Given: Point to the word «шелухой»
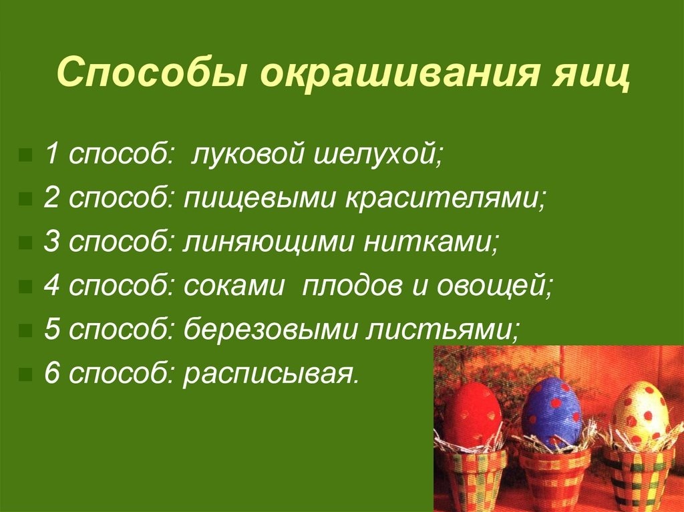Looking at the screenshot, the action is [x=377, y=156].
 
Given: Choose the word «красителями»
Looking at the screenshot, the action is [x=445, y=198].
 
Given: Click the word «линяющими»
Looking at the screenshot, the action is [x=268, y=242].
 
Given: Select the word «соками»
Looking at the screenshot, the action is [x=234, y=286].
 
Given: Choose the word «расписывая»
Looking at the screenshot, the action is [x=270, y=374].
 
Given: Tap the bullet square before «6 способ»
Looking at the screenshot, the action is [x=26, y=374].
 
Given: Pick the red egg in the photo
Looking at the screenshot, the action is [x=475, y=416].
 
